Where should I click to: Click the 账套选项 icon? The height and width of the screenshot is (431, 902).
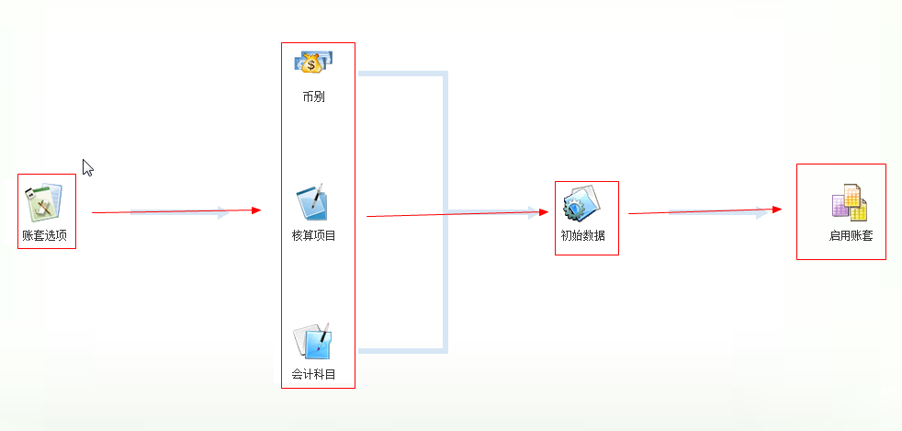pyautogui.click(x=44, y=201)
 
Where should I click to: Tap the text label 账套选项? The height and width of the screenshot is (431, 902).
pyautogui.click(x=44, y=235)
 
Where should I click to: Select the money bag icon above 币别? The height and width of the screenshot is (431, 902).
pyautogui.click(x=313, y=62)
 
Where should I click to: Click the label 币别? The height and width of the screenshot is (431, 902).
pyautogui.click(x=313, y=96)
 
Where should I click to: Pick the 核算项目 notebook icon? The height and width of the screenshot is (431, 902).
pyautogui.click(x=312, y=202)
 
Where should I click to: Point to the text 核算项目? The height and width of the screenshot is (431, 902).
pyautogui.click(x=313, y=235)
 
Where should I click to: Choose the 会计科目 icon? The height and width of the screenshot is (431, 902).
pyautogui.click(x=312, y=341)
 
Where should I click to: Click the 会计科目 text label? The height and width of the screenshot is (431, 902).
pyautogui.click(x=313, y=375)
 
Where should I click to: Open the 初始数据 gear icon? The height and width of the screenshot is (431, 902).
pyautogui.click(x=581, y=202)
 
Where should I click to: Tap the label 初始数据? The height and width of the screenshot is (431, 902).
pyautogui.click(x=583, y=235)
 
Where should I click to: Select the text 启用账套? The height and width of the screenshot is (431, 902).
pyautogui.click(x=851, y=236)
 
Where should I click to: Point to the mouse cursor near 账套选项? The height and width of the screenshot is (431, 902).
pyautogui.click(x=87, y=167)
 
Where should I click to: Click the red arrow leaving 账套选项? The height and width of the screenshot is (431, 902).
pyautogui.click(x=175, y=211)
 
